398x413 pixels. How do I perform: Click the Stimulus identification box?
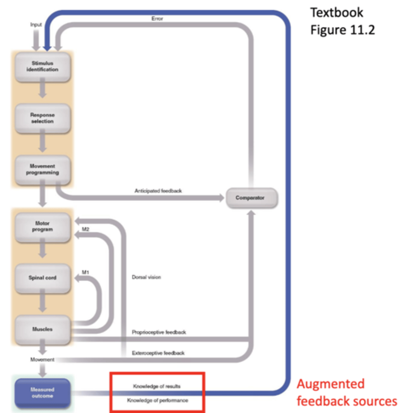point(42,66)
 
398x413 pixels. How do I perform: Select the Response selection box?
point(42,118)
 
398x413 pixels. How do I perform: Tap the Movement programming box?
point(42,169)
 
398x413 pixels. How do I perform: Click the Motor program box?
point(42,226)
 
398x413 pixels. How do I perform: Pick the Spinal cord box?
point(42,278)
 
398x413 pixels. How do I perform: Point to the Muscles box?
point(42,329)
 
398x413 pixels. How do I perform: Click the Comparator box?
point(250,198)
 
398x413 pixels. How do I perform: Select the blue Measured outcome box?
point(42,393)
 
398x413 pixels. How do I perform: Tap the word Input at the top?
point(36,24)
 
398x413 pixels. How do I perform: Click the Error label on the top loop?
point(157,19)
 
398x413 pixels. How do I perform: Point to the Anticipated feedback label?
point(158,191)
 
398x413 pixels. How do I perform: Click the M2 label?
point(85,229)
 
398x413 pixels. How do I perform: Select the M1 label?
point(85,273)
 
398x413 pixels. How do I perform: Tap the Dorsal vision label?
point(146,277)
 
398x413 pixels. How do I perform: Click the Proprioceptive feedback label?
point(159,332)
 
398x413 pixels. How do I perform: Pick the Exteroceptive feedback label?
point(158,353)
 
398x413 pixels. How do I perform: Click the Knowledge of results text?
point(157,386)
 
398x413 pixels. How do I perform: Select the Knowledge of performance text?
point(157,400)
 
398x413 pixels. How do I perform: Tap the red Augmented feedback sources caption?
point(346,393)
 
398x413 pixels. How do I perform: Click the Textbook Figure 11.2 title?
point(342,21)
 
